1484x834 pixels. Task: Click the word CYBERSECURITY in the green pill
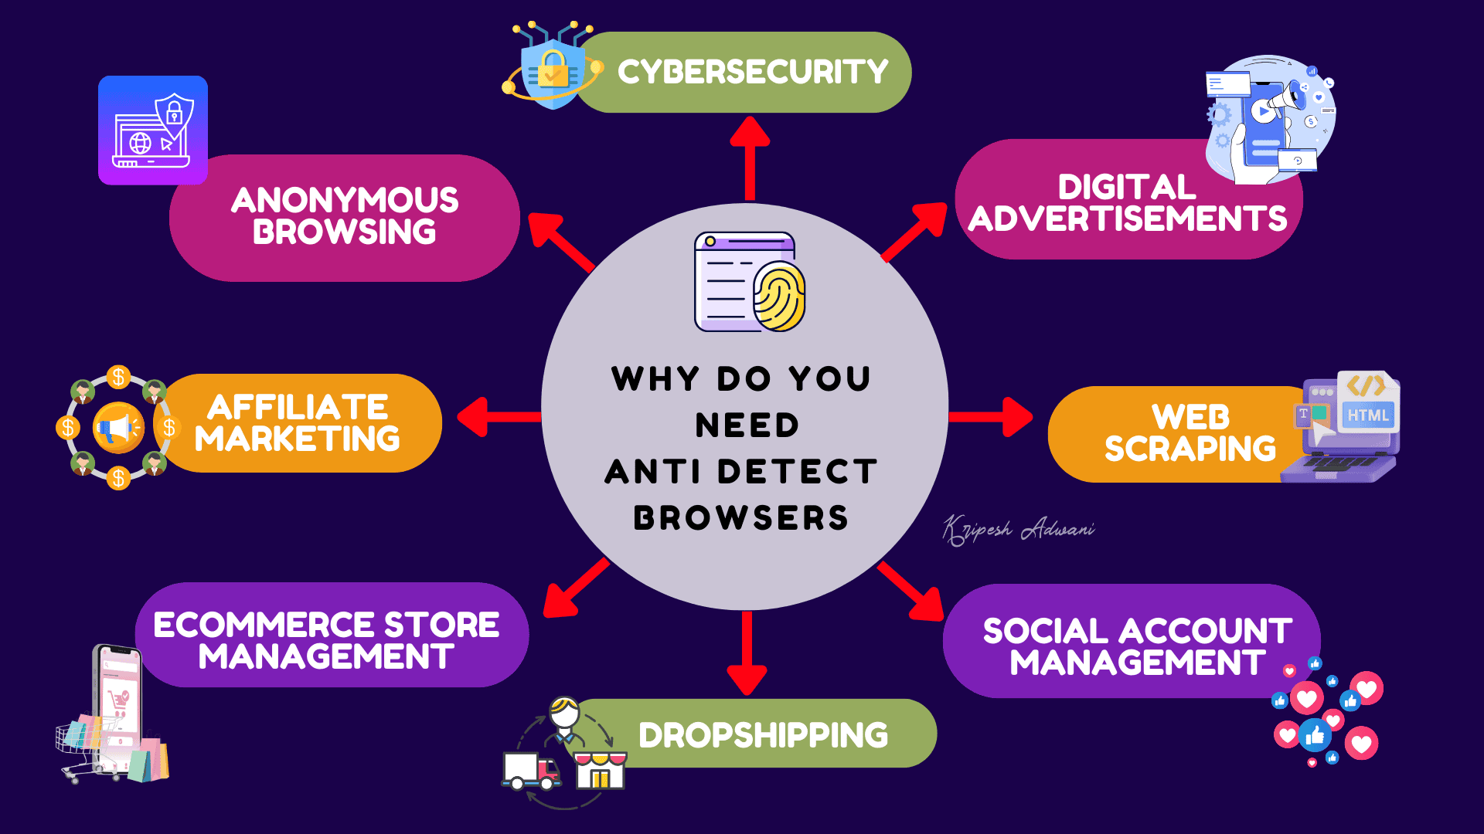coord(752,73)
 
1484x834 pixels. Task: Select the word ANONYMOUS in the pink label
coord(345,201)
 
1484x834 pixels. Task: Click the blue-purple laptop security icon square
coord(153,131)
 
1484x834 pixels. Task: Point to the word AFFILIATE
coord(298,407)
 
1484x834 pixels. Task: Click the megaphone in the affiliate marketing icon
coord(117,427)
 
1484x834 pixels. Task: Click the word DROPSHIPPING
coord(763,735)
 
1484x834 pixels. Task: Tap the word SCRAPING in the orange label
coord(1190,449)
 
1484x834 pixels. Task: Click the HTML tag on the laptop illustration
coord(1367,415)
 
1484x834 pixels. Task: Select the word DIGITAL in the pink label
coord(1127,187)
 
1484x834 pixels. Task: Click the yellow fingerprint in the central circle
coord(779,297)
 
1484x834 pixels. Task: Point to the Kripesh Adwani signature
coord(1018,531)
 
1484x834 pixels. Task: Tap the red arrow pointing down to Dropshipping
coord(747,653)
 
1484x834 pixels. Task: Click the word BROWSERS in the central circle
coord(740,518)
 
